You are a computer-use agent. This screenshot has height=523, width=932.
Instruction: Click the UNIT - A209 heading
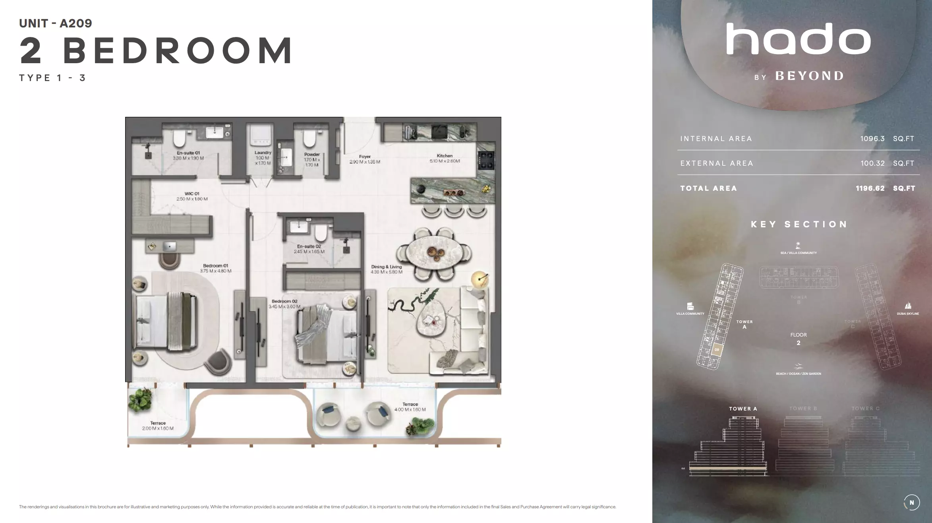click(x=56, y=23)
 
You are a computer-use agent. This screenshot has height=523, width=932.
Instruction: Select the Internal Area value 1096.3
click(x=872, y=139)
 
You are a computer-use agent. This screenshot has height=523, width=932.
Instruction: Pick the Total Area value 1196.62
click(x=870, y=188)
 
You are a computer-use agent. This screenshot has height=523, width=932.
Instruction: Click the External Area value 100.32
click(x=872, y=163)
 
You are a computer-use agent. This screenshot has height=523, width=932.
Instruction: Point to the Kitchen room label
click(x=445, y=156)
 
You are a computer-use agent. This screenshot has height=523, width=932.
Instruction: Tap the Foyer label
click(x=365, y=157)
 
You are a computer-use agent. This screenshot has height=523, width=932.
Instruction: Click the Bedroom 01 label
click(x=215, y=266)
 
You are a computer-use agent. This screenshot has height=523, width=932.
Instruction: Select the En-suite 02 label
click(x=309, y=246)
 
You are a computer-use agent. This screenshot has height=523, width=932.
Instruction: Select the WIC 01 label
click(x=192, y=194)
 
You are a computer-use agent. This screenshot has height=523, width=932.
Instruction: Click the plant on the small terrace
click(x=140, y=399)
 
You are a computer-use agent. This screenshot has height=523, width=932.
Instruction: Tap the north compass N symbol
click(x=911, y=502)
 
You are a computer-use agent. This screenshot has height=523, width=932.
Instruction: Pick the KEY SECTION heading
click(x=799, y=225)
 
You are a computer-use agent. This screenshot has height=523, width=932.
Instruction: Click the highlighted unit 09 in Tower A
click(x=717, y=350)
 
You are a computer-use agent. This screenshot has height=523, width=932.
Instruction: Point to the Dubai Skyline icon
click(x=908, y=306)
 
